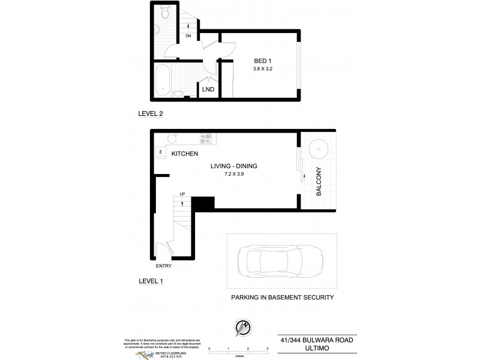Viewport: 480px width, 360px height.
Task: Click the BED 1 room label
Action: [260, 60]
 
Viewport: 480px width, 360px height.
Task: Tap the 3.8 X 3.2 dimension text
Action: [260, 70]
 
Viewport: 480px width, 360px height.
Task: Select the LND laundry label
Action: [208, 90]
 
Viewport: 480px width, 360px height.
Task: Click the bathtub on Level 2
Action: [162, 80]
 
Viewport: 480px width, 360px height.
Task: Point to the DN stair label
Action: [188, 36]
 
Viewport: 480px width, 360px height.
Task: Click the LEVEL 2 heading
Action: [150, 113]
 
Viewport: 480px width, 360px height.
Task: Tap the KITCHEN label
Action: [185, 154]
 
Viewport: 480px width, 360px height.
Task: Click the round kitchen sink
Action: [171, 139]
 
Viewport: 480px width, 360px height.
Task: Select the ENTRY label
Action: [163, 265]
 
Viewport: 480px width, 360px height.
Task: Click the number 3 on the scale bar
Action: [266, 347]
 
